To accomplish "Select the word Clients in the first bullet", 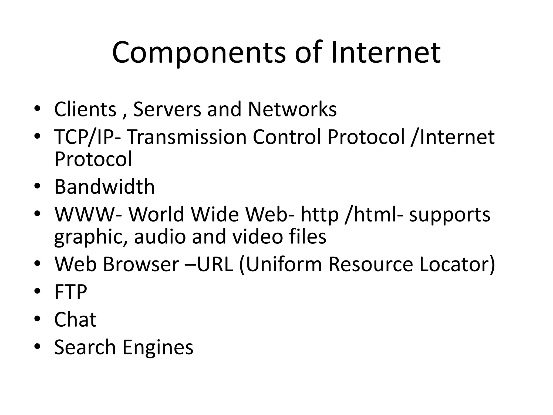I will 85,109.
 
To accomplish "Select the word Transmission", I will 187,137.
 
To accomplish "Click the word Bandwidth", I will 104,187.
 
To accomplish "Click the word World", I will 156,214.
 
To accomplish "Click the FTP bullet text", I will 71,292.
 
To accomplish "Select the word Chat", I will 75,319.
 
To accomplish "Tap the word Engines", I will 158,347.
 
